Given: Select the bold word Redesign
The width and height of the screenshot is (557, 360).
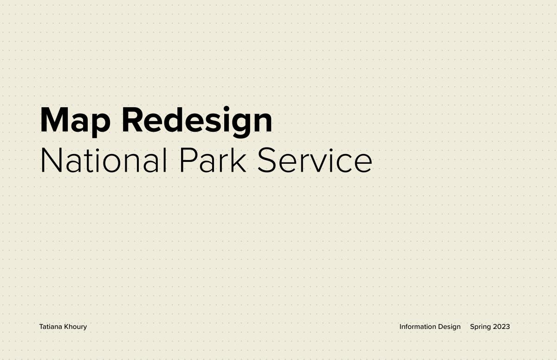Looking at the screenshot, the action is pos(197,122).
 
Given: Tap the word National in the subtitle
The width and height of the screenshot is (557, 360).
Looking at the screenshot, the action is pos(104,160).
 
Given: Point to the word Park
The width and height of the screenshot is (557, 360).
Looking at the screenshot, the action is pos(213,160).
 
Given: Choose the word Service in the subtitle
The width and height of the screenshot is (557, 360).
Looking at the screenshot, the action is pos(315,160).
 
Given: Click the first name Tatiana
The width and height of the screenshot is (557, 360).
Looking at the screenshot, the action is pos(51,327).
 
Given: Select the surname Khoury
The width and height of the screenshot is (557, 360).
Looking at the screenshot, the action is pos(75,327).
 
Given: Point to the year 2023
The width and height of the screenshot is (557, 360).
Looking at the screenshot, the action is pos(502,327).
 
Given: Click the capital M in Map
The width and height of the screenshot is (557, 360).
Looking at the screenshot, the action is pos(54,120).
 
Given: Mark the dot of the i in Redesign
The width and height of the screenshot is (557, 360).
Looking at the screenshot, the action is pos(227,109).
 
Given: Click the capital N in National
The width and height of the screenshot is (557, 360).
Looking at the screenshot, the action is pos(51,160).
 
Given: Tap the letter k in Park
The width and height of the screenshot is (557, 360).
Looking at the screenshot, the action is pos(239,160).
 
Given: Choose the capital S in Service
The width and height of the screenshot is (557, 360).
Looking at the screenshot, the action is pos(267,160).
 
